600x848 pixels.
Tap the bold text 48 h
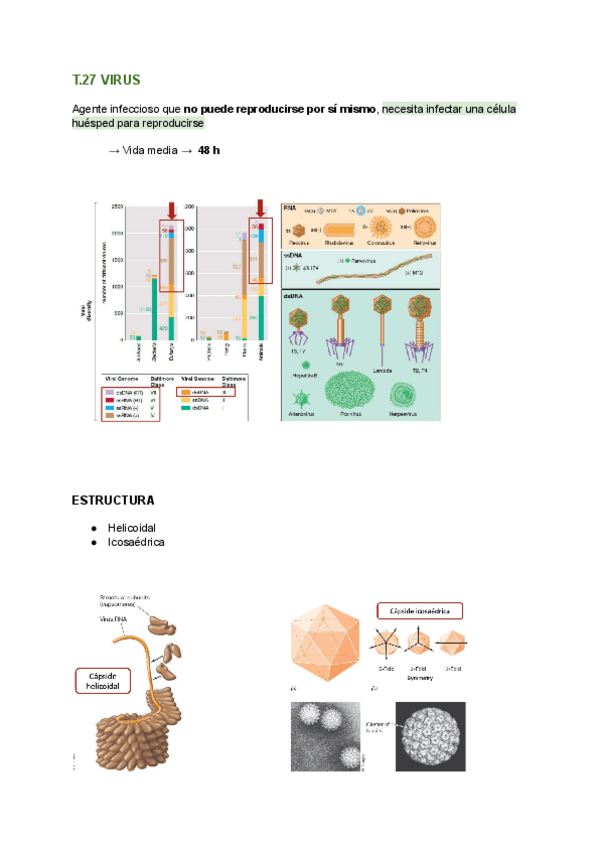[x=209, y=150]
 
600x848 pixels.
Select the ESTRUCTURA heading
[x=113, y=500]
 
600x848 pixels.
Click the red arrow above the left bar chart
[x=173, y=208]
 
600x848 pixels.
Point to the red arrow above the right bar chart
[x=262, y=208]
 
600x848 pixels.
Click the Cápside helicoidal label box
[x=104, y=681]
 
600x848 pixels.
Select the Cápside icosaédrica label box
[x=419, y=610]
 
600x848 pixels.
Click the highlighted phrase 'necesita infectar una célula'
[x=449, y=107]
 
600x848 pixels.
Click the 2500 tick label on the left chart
[x=116, y=206]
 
